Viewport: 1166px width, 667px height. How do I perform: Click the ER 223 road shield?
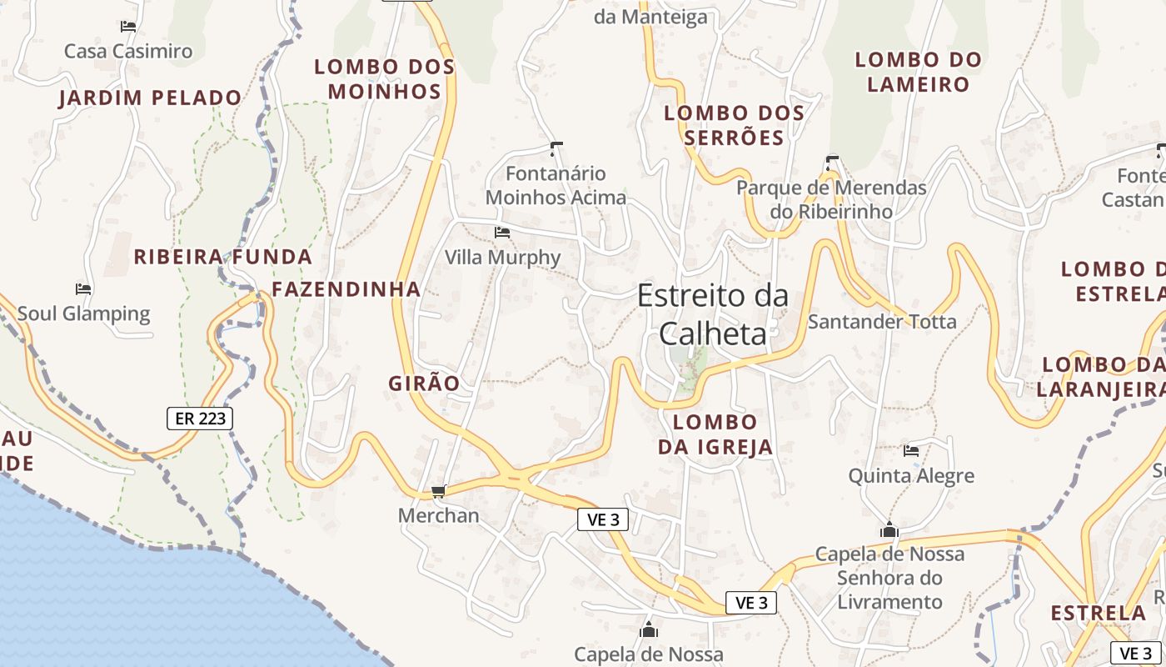(200, 418)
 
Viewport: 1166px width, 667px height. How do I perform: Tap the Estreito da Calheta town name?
(712, 314)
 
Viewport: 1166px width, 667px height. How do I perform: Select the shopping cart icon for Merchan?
(438, 492)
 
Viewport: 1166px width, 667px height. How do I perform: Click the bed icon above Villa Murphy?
(502, 232)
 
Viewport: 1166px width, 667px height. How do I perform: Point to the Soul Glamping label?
(83, 313)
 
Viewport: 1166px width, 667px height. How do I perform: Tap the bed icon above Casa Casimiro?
(128, 27)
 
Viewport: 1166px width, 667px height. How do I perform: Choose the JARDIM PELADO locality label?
(150, 98)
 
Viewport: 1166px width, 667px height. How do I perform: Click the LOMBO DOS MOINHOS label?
(385, 78)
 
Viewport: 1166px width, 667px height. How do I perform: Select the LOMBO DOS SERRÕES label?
(734, 125)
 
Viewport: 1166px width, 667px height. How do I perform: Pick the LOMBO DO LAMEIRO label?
(919, 72)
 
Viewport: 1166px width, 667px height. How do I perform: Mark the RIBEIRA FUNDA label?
(223, 256)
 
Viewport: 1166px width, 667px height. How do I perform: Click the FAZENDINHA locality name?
(346, 289)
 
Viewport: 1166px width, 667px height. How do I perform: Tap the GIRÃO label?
(424, 383)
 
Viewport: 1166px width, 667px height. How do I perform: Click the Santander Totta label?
(882, 321)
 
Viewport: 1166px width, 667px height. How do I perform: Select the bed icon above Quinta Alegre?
(911, 451)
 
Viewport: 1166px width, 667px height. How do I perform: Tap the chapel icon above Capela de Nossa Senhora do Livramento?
(889, 530)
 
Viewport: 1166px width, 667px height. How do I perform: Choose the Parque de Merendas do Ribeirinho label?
(831, 199)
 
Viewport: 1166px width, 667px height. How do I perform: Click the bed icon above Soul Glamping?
(83, 289)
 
